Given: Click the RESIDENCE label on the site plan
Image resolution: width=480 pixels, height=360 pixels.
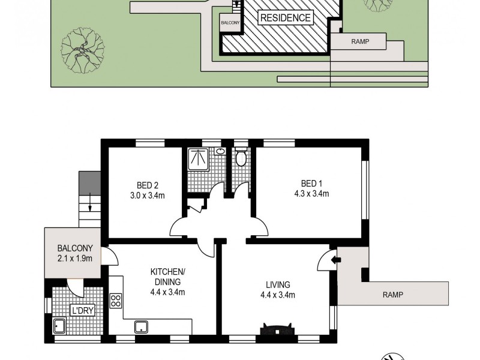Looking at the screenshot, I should click(286, 18).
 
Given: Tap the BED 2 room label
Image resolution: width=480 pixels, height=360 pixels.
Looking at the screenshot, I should click(148, 185).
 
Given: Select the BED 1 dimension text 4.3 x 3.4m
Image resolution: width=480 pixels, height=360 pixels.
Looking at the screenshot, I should click(311, 194).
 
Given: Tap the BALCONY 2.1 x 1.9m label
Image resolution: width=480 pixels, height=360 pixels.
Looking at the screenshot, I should click(75, 253).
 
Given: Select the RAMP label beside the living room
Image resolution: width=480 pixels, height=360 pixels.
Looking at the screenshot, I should click(392, 295).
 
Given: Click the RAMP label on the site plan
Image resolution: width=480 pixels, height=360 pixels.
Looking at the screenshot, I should click(359, 42).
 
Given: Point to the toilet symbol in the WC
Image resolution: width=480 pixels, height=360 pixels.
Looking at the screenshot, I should click(241, 158).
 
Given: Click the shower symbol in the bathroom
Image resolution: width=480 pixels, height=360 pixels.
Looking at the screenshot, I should click(197, 159).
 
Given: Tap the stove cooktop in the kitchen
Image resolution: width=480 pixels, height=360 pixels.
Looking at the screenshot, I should click(116, 301).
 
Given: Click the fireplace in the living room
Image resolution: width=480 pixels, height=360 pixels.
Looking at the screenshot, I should click(276, 329).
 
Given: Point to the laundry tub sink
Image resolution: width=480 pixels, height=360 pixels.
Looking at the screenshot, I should click(60, 326).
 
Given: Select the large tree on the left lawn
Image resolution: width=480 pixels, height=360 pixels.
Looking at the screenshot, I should click(82, 47).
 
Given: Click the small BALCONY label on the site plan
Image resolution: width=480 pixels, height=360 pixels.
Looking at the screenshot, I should click(230, 23).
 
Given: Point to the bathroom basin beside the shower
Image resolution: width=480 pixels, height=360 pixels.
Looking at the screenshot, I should click(220, 152).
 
